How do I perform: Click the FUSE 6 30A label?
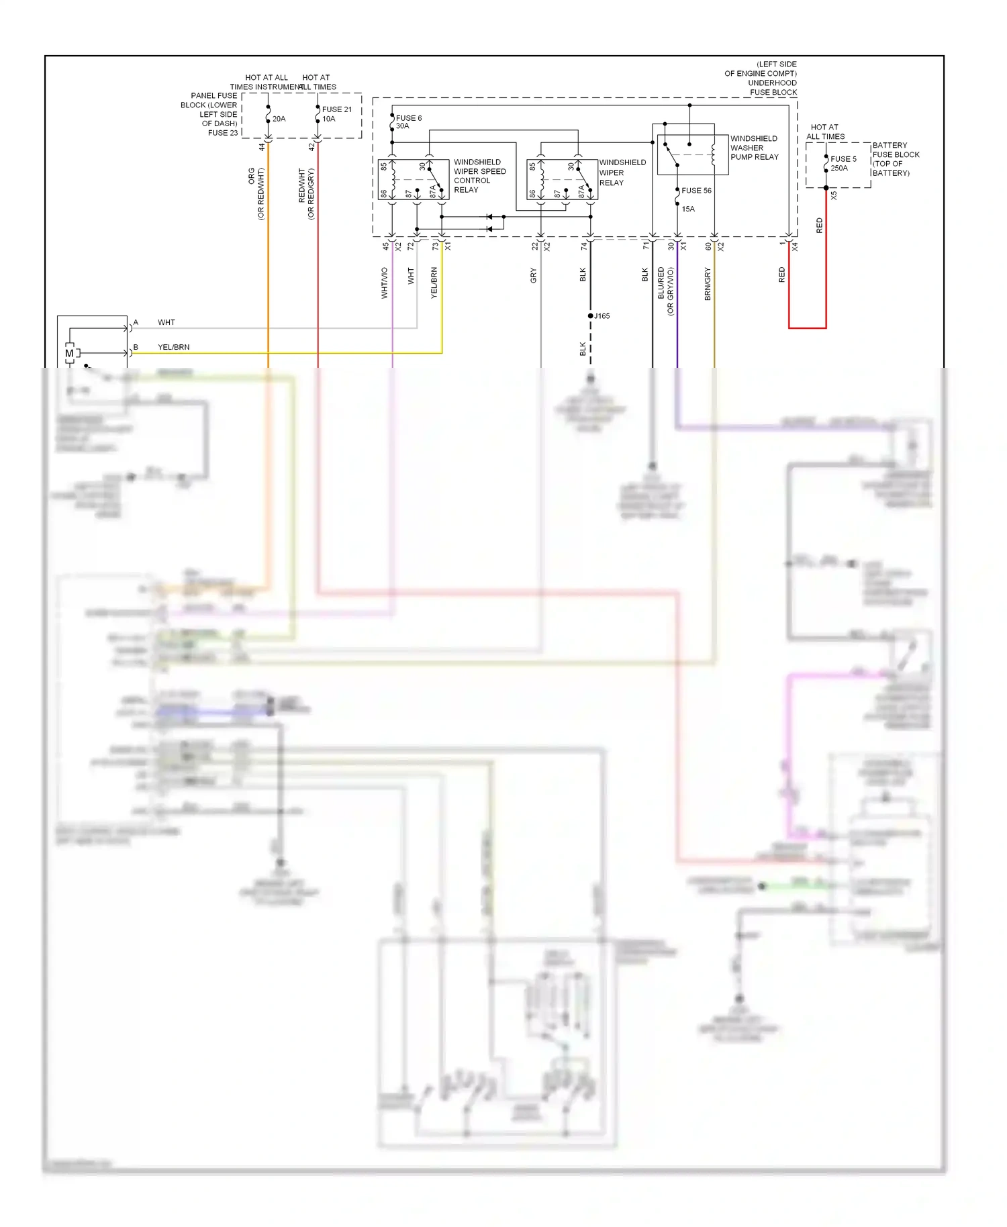point(408,122)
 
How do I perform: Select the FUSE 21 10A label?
point(336,114)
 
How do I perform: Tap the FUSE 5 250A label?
point(843,164)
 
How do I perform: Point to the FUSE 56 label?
point(696,191)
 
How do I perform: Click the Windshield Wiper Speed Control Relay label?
point(479,176)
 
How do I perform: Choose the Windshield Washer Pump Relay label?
point(754,148)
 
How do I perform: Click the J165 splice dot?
point(591,315)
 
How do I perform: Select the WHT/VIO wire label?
point(385,283)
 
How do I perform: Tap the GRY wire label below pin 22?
point(534,275)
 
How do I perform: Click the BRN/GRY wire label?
point(708,283)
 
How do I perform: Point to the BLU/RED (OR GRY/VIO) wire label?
point(665,290)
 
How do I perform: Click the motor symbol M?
point(69,353)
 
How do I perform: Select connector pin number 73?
point(435,246)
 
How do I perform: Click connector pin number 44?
point(262,146)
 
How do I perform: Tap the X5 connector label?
point(834,195)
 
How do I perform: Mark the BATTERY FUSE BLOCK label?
point(895,159)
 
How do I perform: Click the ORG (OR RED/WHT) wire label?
point(256,193)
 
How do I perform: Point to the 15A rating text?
point(688,209)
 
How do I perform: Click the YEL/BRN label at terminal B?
point(173,347)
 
